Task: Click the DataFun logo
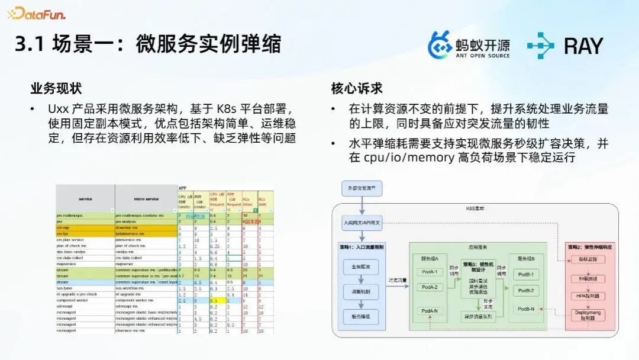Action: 37,13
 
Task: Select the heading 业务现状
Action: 56,88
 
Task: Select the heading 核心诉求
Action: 357,88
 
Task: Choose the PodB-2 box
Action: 525,291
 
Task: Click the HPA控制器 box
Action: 588,295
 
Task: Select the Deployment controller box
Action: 588,315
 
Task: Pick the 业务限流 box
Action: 360,267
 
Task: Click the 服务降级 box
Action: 360,316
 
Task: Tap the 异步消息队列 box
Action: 479,317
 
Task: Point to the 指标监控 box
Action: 588,259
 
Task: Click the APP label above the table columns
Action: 183,188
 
